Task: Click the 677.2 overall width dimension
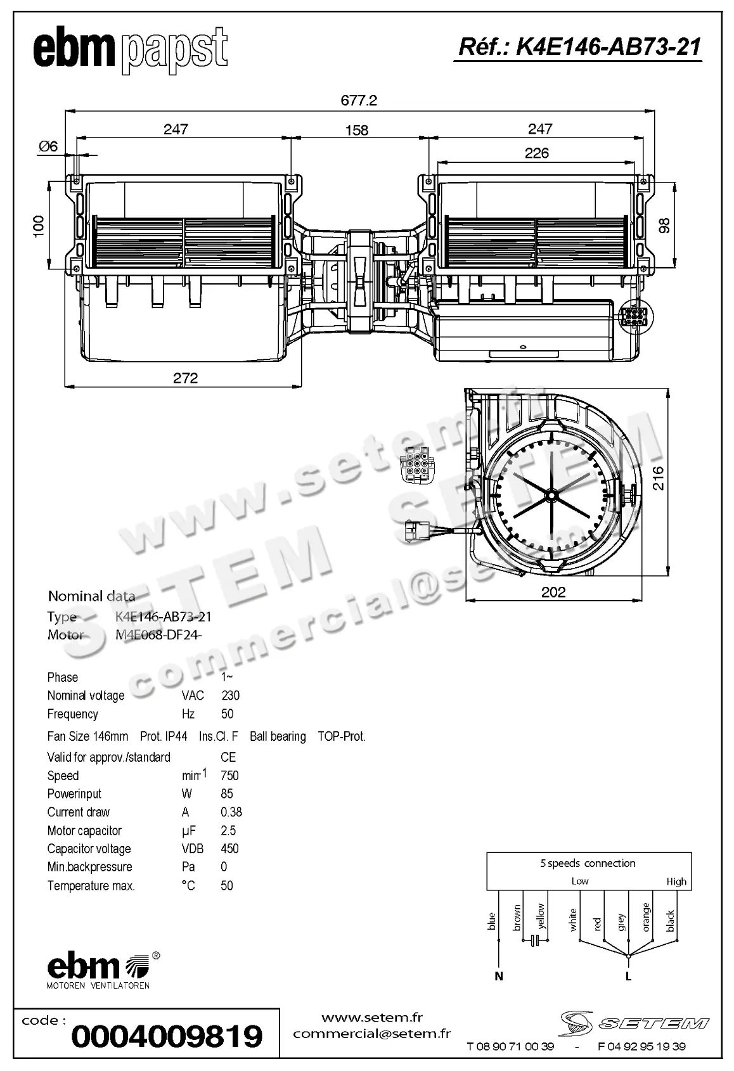click(359, 100)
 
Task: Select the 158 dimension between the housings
click(357, 130)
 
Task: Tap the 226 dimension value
click(536, 153)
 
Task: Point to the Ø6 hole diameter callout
click(48, 146)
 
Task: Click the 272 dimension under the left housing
click(185, 378)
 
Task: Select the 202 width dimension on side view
click(553, 592)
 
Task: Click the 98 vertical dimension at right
click(664, 226)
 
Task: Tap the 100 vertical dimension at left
click(39, 226)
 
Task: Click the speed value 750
click(229, 776)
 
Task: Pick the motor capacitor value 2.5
click(228, 830)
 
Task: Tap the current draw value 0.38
click(231, 812)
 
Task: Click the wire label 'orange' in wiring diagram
click(646, 917)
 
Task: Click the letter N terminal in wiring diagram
click(499, 976)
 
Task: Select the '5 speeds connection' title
click(588, 863)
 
